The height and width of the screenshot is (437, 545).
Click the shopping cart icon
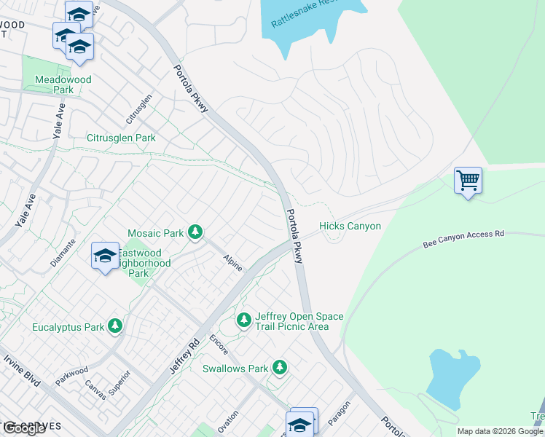click(x=467, y=179)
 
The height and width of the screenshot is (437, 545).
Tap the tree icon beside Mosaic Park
click(x=195, y=232)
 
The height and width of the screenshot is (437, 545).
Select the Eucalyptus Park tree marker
click(x=114, y=326)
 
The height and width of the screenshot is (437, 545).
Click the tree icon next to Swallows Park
click(x=279, y=368)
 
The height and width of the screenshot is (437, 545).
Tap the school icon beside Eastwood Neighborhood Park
click(x=105, y=256)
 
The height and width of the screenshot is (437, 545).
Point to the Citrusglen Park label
click(x=121, y=138)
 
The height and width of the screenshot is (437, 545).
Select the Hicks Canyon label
click(x=350, y=227)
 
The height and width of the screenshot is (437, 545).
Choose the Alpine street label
click(x=232, y=264)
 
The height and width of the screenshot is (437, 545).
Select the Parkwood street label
click(x=71, y=376)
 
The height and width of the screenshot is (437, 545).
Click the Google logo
click(x=25, y=428)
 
